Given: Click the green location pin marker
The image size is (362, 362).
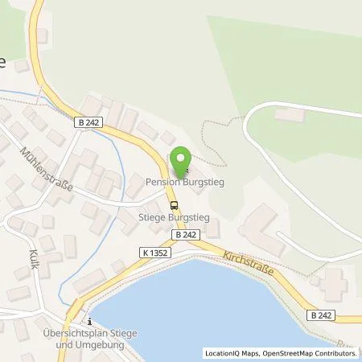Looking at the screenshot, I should click(183, 161).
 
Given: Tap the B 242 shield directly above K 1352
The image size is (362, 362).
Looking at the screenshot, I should click(185, 234).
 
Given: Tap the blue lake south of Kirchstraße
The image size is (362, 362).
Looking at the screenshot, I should click(209, 310).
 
